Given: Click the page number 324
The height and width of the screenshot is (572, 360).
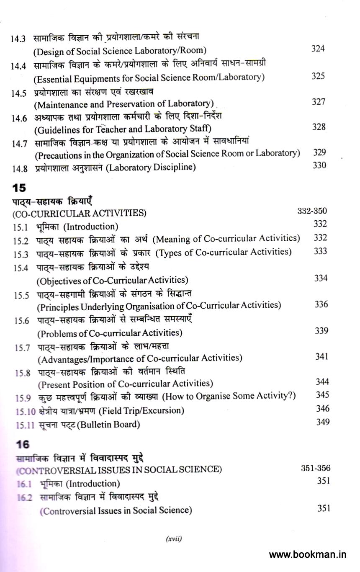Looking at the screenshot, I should click(318, 49).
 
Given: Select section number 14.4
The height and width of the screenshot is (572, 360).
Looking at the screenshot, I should click(18, 65).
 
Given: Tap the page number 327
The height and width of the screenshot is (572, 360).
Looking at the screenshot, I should click(319, 102).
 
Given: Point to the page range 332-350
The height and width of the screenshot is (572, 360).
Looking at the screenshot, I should click(312, 211).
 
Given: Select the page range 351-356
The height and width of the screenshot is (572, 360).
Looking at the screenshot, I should click(316, 468).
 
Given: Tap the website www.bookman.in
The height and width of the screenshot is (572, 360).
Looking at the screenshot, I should click(308, 555).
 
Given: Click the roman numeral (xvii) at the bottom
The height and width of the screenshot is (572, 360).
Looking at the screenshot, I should click(174, 539).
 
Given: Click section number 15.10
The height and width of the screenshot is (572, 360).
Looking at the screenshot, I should click(26, 411).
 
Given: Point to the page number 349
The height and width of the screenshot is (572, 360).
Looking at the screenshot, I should click(322, 422).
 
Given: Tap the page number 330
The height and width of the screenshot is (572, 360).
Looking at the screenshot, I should click(319, 165).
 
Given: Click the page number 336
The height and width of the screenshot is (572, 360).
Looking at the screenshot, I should click(321, 304).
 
